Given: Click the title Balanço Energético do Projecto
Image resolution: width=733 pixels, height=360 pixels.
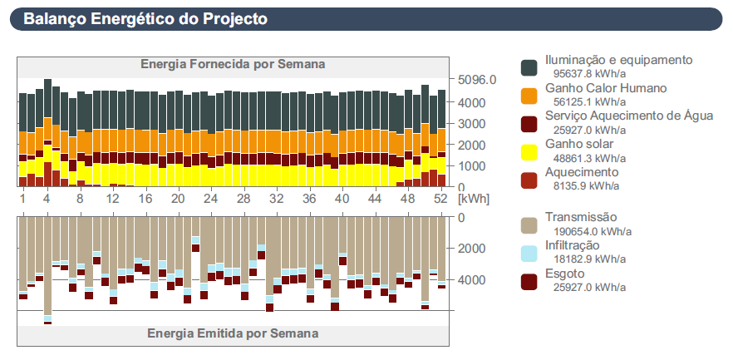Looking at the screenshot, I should pyautogui.click(x=145, y=18).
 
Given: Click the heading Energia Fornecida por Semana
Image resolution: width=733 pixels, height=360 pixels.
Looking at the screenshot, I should pyautogui.click(x=233, y=64).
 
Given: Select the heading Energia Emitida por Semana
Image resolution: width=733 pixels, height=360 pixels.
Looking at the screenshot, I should pyautogui.click(x=233, y=333).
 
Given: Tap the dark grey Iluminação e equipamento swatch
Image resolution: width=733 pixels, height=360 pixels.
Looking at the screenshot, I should pyautogui.click(x=529, y=67).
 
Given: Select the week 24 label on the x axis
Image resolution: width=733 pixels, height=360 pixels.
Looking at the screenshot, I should pyautogui.click(x=210, y=200).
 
